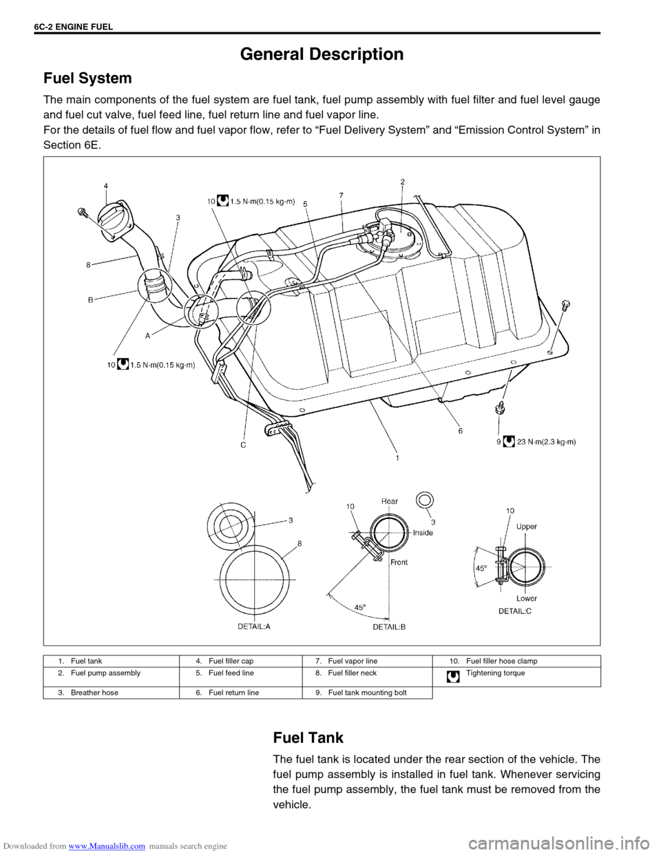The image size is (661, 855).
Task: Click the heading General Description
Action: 322,54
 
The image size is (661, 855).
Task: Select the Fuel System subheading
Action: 87,78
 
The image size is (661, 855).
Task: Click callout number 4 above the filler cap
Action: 106,186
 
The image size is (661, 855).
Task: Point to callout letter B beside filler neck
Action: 90,300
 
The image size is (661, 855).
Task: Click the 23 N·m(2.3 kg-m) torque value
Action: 546,442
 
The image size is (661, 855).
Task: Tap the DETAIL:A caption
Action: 254,626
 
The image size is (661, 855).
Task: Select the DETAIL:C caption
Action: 515,611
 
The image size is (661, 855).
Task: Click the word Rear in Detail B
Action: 390,501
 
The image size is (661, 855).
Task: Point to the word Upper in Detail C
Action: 527,527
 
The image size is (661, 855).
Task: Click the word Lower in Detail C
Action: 527,598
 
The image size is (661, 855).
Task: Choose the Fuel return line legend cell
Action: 241,693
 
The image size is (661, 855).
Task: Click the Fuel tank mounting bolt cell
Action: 368,693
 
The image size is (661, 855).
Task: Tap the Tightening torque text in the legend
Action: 495,673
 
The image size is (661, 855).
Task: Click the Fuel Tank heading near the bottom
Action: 308,737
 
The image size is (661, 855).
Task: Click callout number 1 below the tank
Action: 398,458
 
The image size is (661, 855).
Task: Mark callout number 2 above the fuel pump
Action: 403,182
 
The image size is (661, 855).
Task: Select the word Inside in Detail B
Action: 423,532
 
